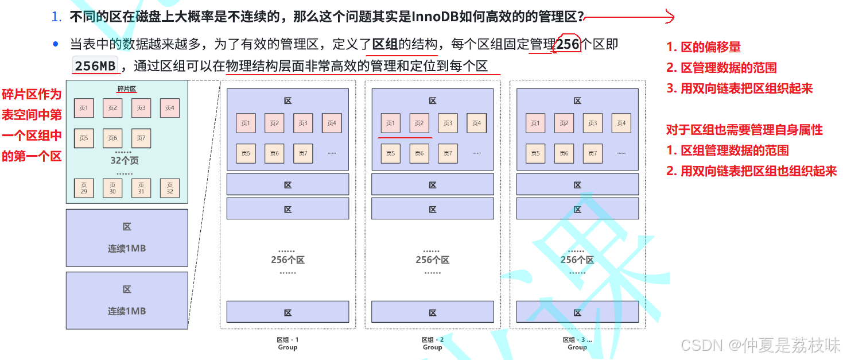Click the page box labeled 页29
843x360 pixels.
(x=84, y=188)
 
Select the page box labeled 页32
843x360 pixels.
(x=170, y=188)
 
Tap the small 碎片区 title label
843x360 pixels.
(x=127, y=89)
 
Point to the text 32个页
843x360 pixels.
(x=125, y=161)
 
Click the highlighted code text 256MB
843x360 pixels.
(x=95, y=66)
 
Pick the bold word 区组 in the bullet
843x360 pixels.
(x=385, y=45)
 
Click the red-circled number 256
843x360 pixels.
(x=568, y=45)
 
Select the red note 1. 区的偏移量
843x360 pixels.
(x=703, y=47)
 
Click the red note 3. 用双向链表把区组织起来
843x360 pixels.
(x=739, y=88)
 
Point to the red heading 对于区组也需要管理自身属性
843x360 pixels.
(x=744, y=130)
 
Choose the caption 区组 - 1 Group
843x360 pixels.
(x=288, y=343)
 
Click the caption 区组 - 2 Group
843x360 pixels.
(x=432, y=343)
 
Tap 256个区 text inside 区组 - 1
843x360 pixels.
(x=288, y=260)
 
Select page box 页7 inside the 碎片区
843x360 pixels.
(x=141, y=138)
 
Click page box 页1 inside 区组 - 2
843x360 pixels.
(x=390, y=123)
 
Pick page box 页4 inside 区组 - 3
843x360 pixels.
(x=621, y=123)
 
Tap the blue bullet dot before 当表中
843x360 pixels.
(x=56, y=44)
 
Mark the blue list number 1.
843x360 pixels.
(x=56, y=17)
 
